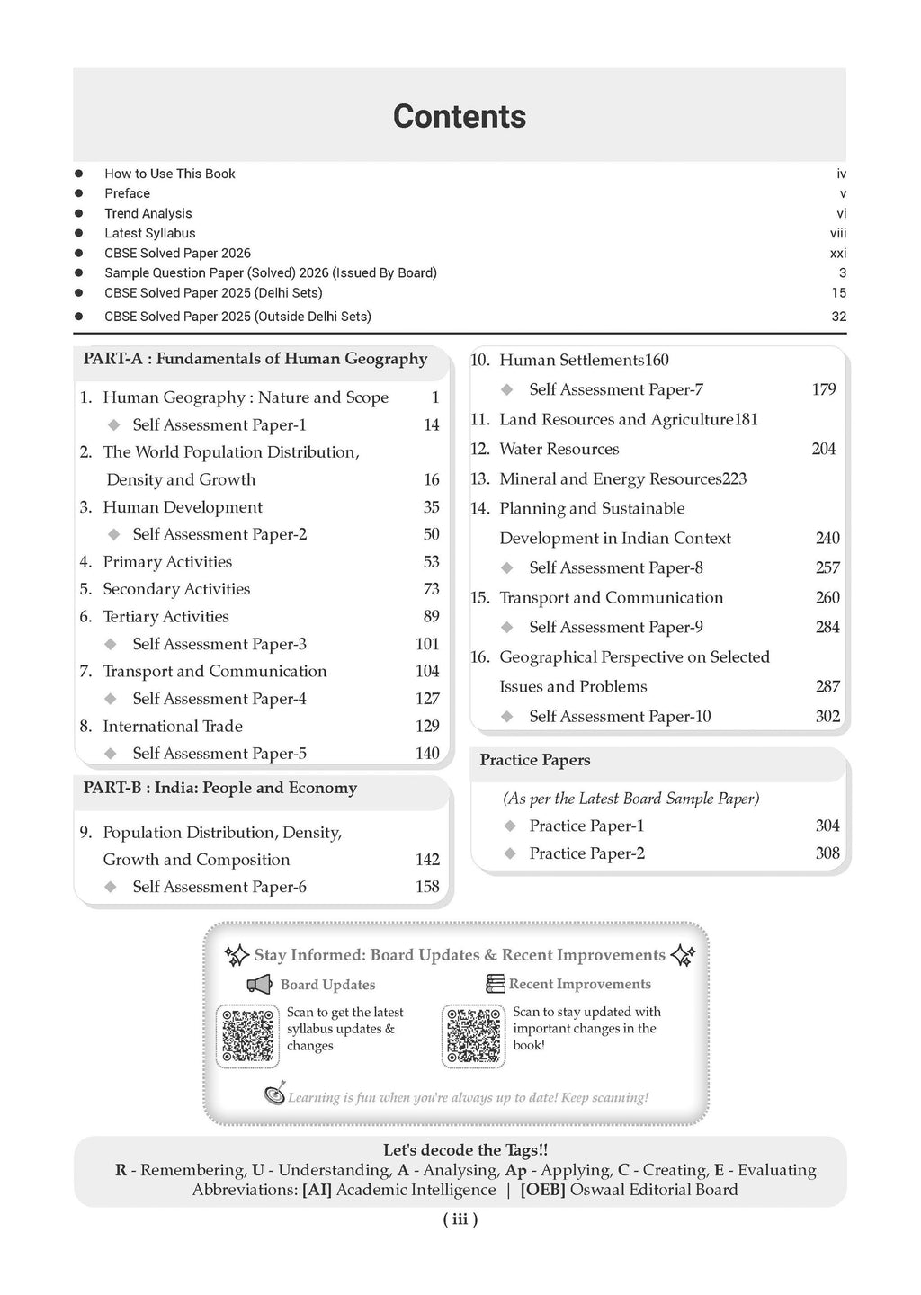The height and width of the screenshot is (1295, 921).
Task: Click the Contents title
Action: (460, 117)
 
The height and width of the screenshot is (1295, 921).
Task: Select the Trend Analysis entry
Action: (148, 213)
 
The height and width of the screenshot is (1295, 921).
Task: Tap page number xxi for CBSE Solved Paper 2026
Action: (837, 254)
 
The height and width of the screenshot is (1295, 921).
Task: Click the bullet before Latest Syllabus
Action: (79, 233)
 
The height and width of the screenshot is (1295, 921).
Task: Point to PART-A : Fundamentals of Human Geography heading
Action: (255, 359)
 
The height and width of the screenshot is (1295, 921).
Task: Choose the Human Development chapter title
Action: (183, 507)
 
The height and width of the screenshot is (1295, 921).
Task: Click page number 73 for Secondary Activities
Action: (431, 589)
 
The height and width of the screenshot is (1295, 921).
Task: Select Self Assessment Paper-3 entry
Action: (219, 644)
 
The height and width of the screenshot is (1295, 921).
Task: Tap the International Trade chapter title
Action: (173, 726)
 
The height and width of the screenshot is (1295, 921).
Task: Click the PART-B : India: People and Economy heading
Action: (220, 788)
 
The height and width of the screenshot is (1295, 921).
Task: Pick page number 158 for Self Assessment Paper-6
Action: (427, 887)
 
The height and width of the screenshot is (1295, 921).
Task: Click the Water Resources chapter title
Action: (559, 449)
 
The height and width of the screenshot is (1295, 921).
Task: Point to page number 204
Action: (823, 449)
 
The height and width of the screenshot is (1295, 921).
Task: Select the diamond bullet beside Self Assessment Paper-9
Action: (508, 627)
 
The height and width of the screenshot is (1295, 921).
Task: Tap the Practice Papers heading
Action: (535, 760)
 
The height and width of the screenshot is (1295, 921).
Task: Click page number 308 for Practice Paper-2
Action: (827, 853)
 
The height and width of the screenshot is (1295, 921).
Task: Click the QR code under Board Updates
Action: (248, 1037)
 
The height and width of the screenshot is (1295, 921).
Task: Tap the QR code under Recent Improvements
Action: (473, 1037)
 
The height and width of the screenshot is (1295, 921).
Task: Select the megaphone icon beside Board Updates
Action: (260, 985)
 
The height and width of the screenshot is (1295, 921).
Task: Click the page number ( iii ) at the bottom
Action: (460, 1219)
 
